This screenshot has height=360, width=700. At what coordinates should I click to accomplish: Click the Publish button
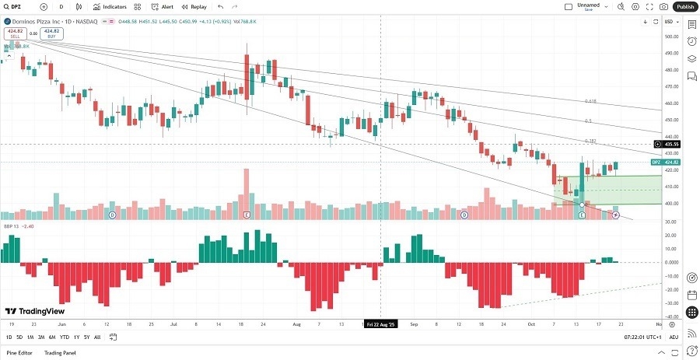[684, 6]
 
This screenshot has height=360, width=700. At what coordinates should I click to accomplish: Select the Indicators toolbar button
[110, 6]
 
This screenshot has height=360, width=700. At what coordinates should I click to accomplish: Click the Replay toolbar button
[194, 6]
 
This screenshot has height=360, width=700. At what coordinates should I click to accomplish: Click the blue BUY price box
[52, 33]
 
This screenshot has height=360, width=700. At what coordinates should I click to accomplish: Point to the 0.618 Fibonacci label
[590, 101]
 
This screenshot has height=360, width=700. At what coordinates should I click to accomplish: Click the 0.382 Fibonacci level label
[590, 141]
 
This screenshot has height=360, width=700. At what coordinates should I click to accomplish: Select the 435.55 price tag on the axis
[670, 144]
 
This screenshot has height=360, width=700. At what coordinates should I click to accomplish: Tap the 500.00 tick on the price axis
[670, 37]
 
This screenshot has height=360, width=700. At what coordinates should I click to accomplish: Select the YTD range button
[64, 337]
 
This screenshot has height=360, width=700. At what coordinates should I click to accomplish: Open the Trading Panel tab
[66, 353]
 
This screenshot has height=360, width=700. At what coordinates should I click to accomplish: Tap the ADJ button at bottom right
[674, 337]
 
